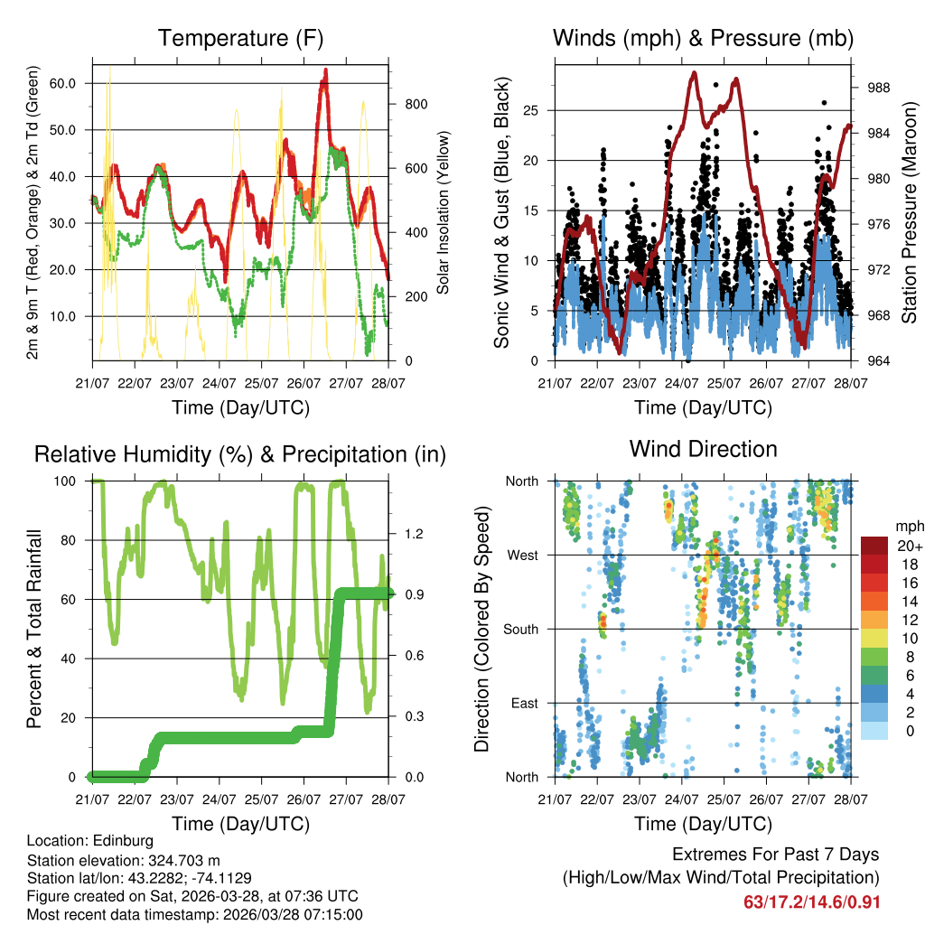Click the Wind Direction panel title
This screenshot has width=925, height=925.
[703, 449]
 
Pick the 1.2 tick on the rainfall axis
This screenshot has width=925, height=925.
[407, 534]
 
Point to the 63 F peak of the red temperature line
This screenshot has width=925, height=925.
[326, 70]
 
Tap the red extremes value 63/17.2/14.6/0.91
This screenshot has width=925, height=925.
[811, 902]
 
